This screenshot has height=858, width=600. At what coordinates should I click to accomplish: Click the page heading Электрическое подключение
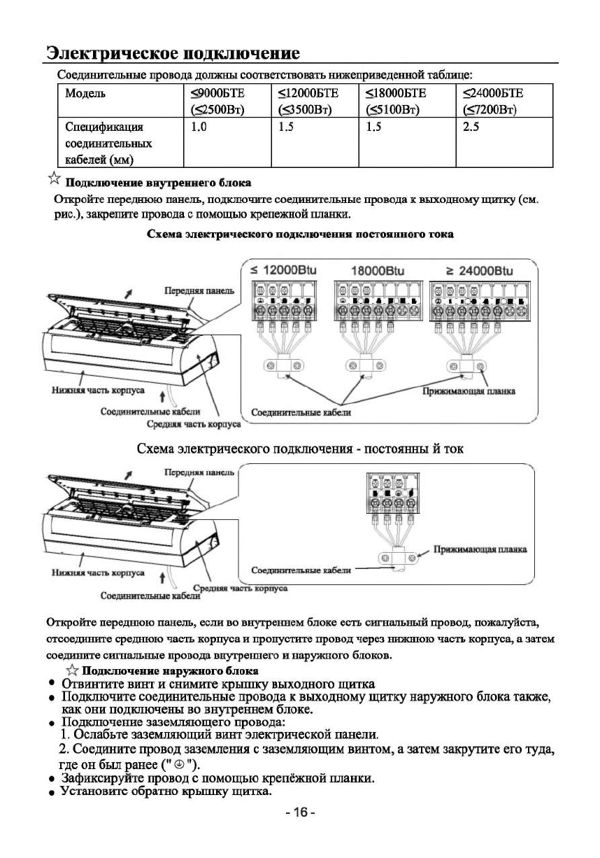tap(173, 53)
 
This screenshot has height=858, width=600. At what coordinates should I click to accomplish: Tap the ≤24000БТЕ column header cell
tap(503, 101)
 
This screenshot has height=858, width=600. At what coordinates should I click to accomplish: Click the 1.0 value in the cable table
tap(199, 127)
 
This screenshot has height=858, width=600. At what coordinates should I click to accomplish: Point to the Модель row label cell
tap(85, 93)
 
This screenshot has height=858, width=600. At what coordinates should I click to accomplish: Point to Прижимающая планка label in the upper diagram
tap(469, 391)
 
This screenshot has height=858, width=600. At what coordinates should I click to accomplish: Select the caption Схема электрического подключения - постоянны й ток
tap(300, 447)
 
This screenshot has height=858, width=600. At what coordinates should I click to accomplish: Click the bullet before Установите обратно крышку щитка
tap(51, 792)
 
